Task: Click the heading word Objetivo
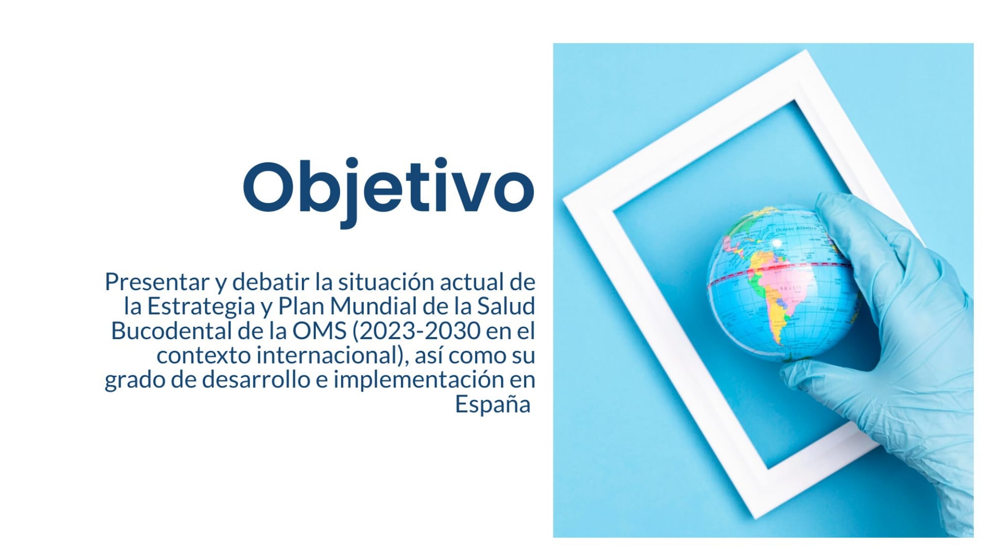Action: pos(389,191)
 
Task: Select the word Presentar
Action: pos(157,282)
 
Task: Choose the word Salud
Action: pos(506,306)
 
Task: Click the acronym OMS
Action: pos(319,331)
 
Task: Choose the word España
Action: pos(493,405)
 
